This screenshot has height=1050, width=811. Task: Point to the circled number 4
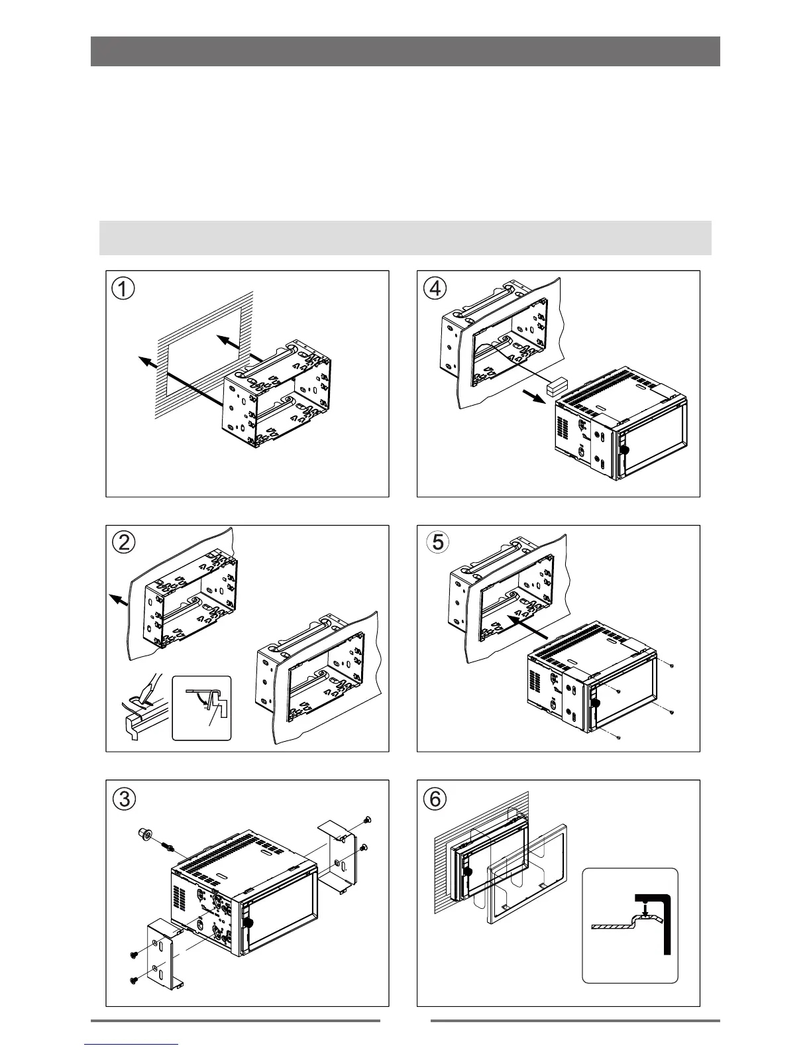(x=435, y=288)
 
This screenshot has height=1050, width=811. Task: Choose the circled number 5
(x=435, y=542)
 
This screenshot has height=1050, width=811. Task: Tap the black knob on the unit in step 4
(x=623, y=449)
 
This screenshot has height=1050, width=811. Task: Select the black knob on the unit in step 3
(x=249, y=922)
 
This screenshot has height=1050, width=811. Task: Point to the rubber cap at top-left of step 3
(x=142, y=833)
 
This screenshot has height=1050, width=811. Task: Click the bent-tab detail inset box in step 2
(x=201, y=707)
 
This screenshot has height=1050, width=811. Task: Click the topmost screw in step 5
(x=672, y=664)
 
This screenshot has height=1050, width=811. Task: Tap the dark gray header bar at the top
(x=405, y=51)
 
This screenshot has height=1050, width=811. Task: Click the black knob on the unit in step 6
(x=469, y=872)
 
